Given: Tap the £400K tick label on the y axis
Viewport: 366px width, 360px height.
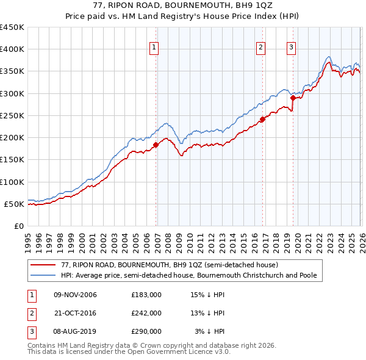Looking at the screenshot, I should (12, 49).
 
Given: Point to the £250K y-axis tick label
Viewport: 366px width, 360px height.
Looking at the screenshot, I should (12, 115).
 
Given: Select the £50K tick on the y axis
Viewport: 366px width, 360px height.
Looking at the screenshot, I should (14, 204).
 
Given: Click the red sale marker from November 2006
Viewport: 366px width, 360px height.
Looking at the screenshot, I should (156, 145).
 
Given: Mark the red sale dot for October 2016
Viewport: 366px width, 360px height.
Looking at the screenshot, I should (263, 119).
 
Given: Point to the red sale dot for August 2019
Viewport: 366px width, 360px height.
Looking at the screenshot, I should (293, 98).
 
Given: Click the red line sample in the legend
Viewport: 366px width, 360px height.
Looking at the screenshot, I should (44, 265).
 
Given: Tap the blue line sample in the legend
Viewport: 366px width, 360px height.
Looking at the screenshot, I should (44, 276).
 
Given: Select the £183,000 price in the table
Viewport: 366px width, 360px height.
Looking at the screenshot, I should (146, 295).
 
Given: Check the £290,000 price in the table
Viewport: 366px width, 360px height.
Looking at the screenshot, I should (146, 331).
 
